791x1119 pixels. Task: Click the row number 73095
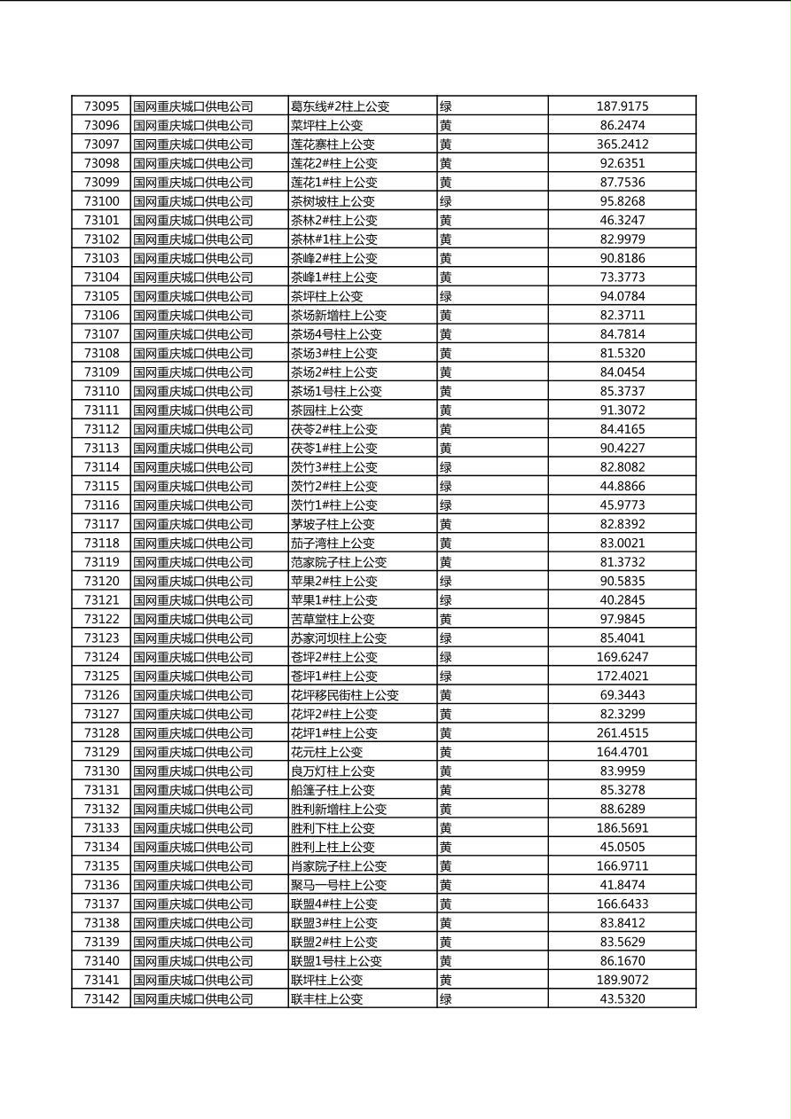[101, 106]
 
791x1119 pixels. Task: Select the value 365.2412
[622, 145]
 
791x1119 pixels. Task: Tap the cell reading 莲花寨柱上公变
[333, 145]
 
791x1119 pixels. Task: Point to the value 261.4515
[622, 733]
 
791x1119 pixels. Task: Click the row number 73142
[101, 999]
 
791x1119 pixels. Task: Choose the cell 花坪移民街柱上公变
[345, 695]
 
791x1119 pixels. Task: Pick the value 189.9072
[622, 980]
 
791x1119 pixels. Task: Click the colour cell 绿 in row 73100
[446, 201]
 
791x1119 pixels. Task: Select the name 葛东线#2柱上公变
[340, 106]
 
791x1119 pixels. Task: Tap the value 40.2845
[622, 600]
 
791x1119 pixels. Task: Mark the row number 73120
[101, 582]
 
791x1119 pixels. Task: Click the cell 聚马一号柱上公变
[339, 885]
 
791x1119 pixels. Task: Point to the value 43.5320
[622, 999]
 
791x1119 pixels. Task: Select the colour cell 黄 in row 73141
[446, 980]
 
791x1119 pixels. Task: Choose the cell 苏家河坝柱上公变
[339, 638]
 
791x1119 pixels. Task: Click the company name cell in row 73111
[193, 411]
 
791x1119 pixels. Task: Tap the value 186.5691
[622, 828]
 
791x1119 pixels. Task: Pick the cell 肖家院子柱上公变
[339, 866]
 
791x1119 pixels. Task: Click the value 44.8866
[622, 486]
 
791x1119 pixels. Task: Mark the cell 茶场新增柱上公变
[339, 316]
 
